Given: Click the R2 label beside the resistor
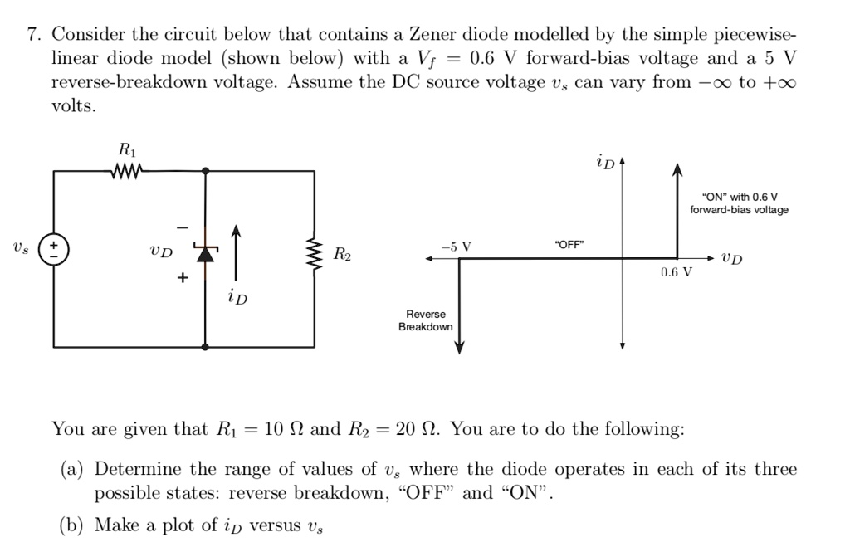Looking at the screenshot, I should (x=342, y=253).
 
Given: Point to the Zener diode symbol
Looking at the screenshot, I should (x=204, y=252).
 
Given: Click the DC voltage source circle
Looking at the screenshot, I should (x=55, y=247).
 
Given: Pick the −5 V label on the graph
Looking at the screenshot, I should (x=456, y=247).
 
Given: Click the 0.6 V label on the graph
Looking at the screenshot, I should (x=677, y=271).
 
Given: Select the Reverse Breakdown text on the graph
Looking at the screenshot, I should (x=425, y=320).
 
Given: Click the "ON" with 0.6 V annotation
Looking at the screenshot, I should (x=739, y=203).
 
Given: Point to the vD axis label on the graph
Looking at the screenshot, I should (x=731, y=259).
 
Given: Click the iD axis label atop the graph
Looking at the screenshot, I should (x=605, y=162).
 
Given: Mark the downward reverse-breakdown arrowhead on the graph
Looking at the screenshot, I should (x=459, y=348).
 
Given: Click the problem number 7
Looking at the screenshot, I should (x=33, y=35).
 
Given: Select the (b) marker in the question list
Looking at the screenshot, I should (x=72, y=525).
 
